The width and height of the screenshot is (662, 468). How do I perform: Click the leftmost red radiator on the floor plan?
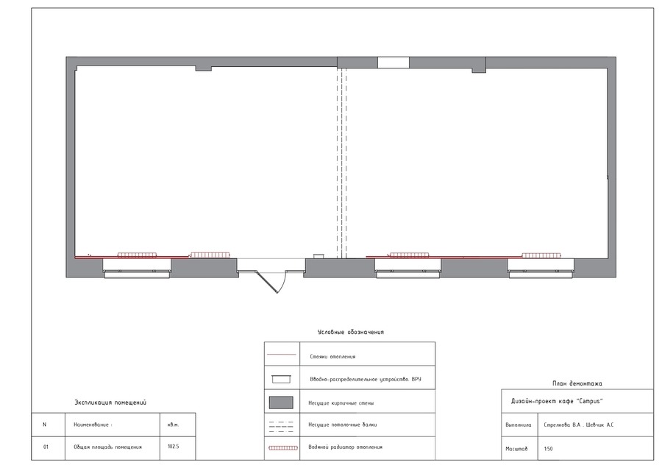(137, 255)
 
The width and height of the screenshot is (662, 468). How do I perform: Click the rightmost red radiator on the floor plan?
(542, 255)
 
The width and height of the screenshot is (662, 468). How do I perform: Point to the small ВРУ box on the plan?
(318, 256)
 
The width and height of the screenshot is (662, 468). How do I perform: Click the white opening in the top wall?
(393, 63)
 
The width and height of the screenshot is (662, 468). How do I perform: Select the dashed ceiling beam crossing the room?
(341, 162)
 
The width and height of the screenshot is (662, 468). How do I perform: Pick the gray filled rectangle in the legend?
(282, 403)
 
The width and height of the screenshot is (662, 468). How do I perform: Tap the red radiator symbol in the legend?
(282, 447)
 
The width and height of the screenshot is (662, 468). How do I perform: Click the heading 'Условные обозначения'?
(350, 333)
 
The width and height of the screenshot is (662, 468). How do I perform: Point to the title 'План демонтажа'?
(577, 383)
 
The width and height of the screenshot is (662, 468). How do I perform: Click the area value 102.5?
(174, 447)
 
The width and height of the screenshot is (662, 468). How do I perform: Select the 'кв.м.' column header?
(174, 425)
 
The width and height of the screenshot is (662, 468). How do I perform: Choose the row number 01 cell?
(46, 447)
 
